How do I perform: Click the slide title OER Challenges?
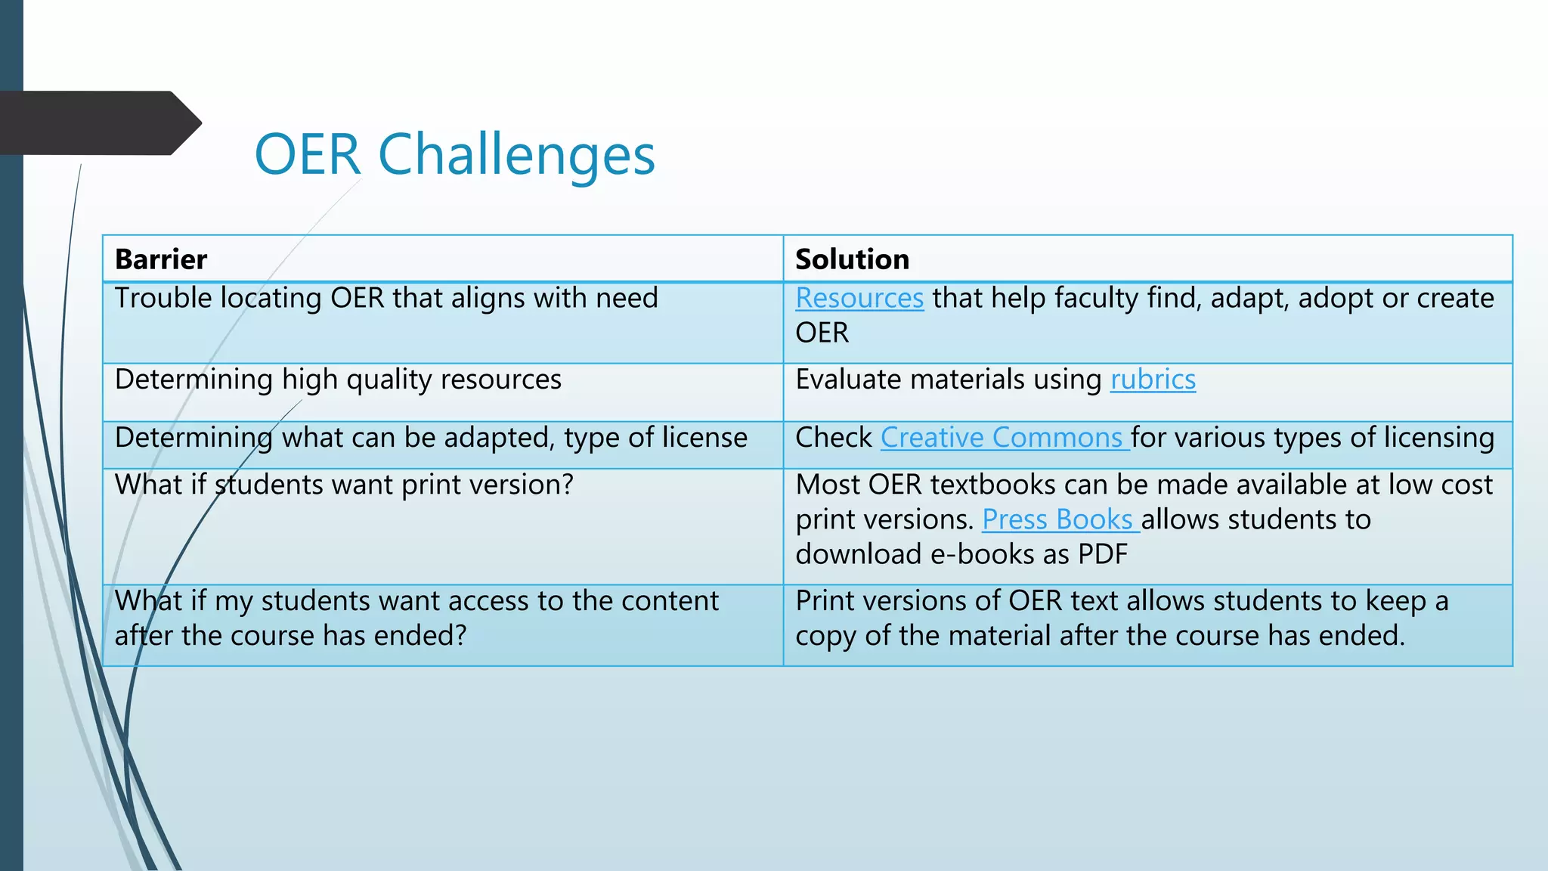coord(454,155)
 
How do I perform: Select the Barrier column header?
coord(161,259)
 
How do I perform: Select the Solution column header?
coord(852,259)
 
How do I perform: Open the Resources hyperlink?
coord(859,299)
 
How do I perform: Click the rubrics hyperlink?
coord(1153,380)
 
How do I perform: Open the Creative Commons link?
coord(1002,438)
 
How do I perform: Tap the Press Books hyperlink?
coord(1057,519)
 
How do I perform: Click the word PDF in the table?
coord(1103,554)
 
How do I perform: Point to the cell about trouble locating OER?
coord(386,299)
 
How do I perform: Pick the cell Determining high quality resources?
coord(338,380)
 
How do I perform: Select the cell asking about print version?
coord(344,485)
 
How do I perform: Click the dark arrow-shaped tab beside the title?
coord(98,123)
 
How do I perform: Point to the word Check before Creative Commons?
coord(833,438)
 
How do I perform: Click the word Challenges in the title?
coord(516,155)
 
